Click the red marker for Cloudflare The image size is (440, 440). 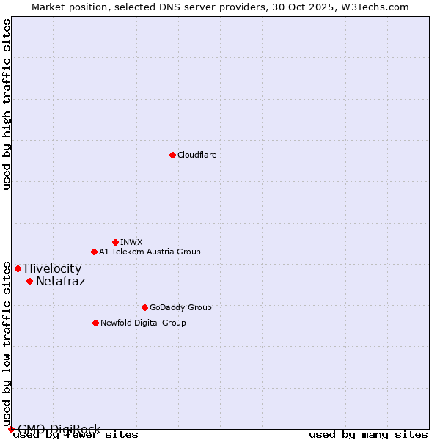[172, 155]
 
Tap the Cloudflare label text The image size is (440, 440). [197, 155]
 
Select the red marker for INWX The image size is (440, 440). [115, 242]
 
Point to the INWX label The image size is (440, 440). [131, 242]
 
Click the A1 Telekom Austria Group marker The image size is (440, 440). [94, 252]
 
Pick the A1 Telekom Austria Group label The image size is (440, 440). [150, 252]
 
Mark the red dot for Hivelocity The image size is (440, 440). [18, 268]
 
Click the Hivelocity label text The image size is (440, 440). [53, 269]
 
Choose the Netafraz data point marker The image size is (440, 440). [29, 281]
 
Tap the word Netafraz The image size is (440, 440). [60, 281]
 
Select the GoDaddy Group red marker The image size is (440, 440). [144, 307]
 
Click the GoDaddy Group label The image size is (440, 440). [180, 307]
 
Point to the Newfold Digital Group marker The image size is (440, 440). [95, 323]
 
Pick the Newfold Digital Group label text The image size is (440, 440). [143, 323]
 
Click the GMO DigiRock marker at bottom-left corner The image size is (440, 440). [11, 429]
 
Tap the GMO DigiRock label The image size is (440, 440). [59, 429]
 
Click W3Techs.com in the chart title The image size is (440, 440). [378, 7]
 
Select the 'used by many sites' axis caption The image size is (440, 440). [368, 435]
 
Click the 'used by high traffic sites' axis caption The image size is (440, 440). [7, 104]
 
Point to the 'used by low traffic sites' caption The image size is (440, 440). [7, 345]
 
